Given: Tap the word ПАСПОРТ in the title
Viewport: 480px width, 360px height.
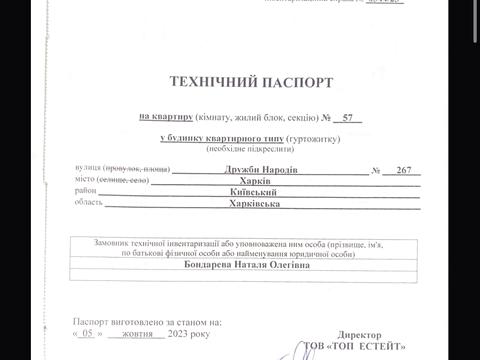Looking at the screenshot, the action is pyautogui.click(x=299, y=82).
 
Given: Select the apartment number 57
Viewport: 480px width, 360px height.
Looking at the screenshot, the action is pyautogui.click(x=347, y=118).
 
